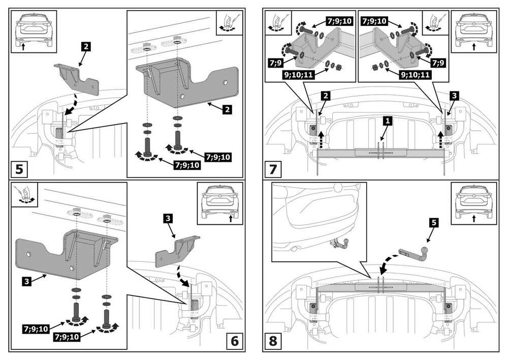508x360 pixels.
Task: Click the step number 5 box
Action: pos(19,169)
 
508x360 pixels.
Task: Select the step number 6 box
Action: pos(234,340)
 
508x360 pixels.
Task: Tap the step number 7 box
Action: pos(273,169)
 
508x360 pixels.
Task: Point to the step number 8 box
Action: pos(273,340)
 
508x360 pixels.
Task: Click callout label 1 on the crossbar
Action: pos(387,121)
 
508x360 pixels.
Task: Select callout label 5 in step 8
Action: pos(432,222)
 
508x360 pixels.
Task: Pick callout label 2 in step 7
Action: pos(326,95)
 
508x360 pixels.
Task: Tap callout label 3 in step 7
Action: pos(454,95)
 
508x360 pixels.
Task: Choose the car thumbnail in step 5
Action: pos(34,31)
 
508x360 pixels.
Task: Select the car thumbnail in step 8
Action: pos(473,202)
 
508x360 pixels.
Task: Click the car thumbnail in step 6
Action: pos(219,202)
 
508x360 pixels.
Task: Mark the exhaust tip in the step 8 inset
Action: pos(295,248)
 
